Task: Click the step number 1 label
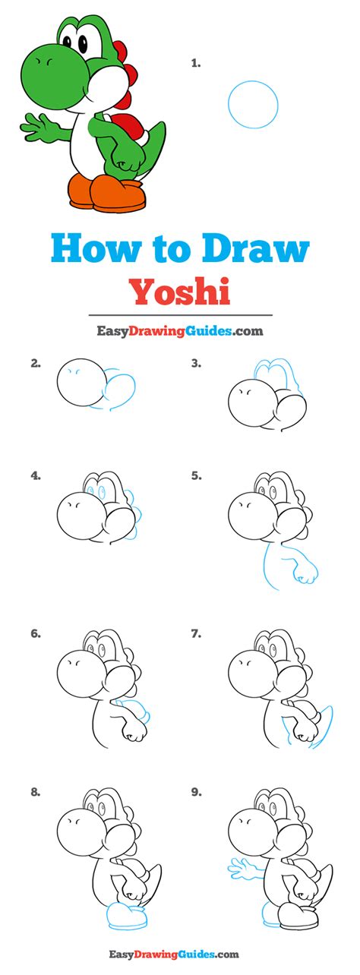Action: tap(196, 64)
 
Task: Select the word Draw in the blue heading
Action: tap(255, 248)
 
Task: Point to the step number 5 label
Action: tap(196, 476)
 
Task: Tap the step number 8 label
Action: tap(36, 792)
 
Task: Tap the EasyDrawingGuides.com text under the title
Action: tap(180, 331)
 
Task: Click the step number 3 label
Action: tap(196, 364)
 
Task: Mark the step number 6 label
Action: tap(36, 634)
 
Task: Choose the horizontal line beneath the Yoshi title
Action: tap(180, 314)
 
